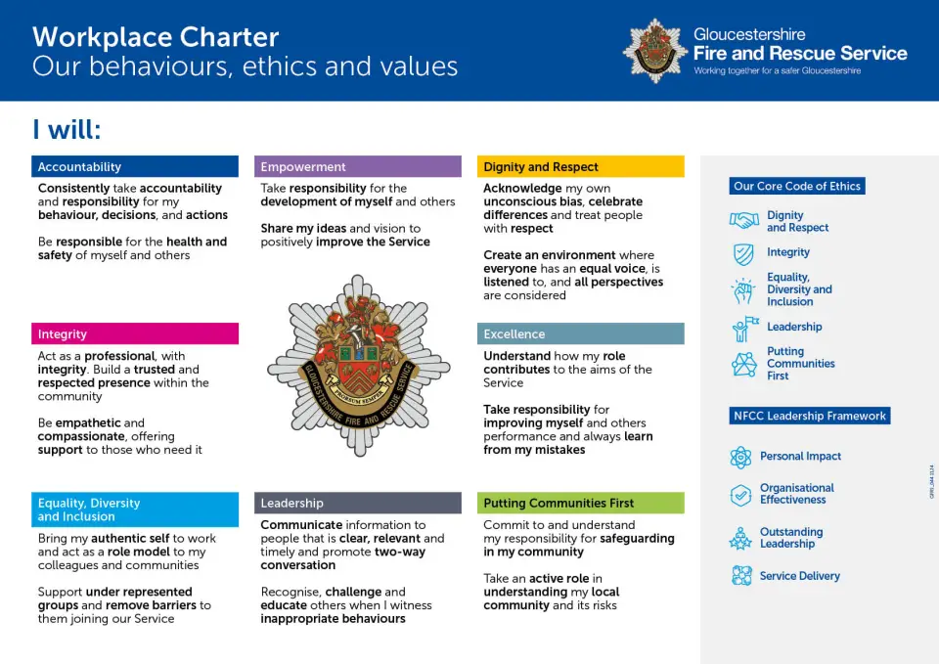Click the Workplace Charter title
click(156, 37)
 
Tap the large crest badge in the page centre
click(358, 366)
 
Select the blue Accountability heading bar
click(135, 167)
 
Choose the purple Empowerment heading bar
click(358, 167)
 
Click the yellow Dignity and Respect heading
click(581, 167)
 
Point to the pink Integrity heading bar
click(135, 334)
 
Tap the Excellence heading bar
click(581, 334)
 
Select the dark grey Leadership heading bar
click(358, 503)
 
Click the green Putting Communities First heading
click(581, 503)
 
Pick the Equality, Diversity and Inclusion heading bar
click(135, 509)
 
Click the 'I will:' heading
click(67, 130)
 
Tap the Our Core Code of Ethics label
click(797, 186)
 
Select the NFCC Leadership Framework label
click(810, 416)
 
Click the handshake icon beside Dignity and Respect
click(744, 221)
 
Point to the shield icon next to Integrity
click(744, 254)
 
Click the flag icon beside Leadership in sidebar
click(744, 328)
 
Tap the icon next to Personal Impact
click(741, 457)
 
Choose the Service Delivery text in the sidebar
click(799, 576)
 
